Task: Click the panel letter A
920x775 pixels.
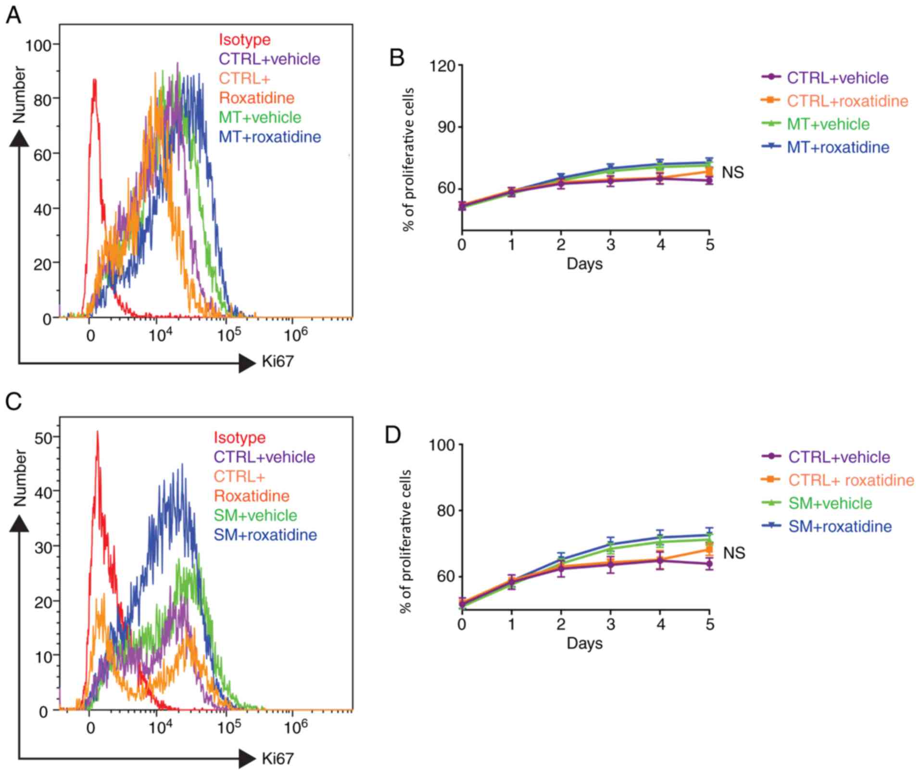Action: pyautogui.click(x=13, y=15)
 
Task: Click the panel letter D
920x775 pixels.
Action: pyautogui.click(x=393, y=435)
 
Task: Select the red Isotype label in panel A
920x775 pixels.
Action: pyautogui.click(x=244, y=39)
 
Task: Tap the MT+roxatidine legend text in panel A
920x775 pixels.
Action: pyautogui.click(x=270, y=137)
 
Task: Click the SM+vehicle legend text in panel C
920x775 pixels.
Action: pyautogui.click(x=255, y=515)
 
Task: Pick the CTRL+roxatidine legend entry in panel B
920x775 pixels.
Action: pyautogui.click(x=847, y=101)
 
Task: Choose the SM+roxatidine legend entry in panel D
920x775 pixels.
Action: pyautogui.click(x=840, y=526)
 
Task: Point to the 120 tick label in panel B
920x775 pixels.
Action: pyautogui.click(x=443, y=65)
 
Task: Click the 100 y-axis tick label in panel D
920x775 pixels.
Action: pyautogui.click(x=442, y=445)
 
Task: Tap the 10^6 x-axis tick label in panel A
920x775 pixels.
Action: pyautogui.click(x=295, y=335)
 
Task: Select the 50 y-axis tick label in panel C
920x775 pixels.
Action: pyautogui.click(x=43, y=437)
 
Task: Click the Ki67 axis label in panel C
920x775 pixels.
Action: pyautogui.click(x=277, y=759)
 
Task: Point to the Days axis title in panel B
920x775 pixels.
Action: pyautogui.click(x=584, y=264)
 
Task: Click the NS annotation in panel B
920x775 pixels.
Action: pyautogui.click(x=732, y=172)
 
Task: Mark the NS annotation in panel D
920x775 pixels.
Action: pyautogui.click(x=733, y=553)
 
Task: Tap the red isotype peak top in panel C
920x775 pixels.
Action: pyautogui.click(x=97, y=432)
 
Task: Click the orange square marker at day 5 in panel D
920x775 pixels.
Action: pyautogui.click(x=709, y=549)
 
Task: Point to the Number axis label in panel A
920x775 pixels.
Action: pyautogui.click(x=19, y=95)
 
